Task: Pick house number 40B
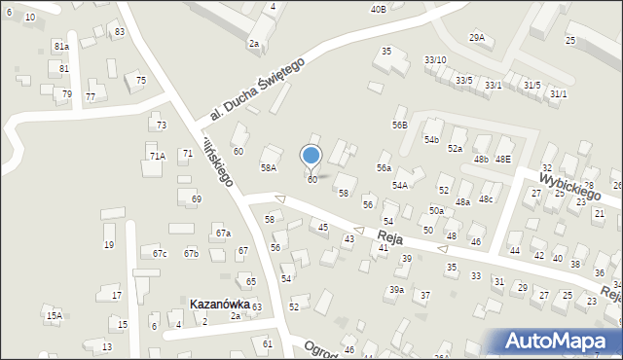pos(378,9)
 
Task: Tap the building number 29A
pos(476,37)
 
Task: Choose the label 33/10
pos(435,60)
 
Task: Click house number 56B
pos(399,125)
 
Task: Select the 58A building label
pos(269,167)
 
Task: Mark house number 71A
pos(158,156)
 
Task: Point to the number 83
pos(119,32)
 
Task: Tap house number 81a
pos(61,46)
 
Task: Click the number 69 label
pos(196,198)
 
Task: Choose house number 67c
pos(160,254)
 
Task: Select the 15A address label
pos(54,315)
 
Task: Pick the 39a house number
pos(397,290)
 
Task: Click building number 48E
pos(502,159)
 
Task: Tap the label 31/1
pos(558,93)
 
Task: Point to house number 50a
pos(437,210)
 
